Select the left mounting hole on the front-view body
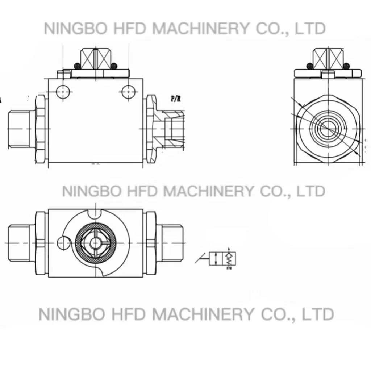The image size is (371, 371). tap(64, 92)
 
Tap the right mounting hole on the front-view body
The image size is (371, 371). tap(128, 92)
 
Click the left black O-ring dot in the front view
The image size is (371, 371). tap(77, 66)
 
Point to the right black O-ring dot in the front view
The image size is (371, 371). tap(114, 66)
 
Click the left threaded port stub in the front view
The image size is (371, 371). tap(20, 129)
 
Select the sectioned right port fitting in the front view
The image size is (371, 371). tap(172, 129)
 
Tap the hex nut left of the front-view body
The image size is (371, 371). tap(41, 129)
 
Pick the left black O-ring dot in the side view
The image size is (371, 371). tap(310, 66)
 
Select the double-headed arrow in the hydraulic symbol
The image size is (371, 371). tap(216, 259)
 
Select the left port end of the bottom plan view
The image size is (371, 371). tap(21, 242)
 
